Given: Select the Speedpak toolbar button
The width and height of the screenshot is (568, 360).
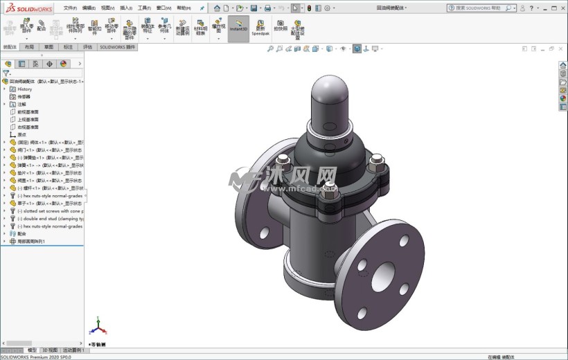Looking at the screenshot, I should [x=260, y=27].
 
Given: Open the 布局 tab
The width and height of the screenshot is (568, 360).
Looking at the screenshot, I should [x=28, y=47].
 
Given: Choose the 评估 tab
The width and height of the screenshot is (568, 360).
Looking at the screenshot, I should [x=87, y=47].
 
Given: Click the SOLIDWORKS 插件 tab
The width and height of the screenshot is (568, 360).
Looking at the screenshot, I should [x=118, y=47].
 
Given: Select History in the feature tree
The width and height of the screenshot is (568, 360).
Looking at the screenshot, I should [x=24, y=89].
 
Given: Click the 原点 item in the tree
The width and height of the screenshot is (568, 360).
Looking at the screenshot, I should [x=21, y=134].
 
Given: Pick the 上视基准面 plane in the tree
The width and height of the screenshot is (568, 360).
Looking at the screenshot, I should [x=28, y=119].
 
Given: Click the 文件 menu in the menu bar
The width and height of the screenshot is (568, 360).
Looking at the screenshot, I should [x=70, y=8].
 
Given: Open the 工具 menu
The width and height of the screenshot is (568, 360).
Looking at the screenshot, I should [x=144, y=8].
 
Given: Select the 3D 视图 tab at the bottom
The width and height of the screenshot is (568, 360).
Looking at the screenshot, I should [x=49, y=350].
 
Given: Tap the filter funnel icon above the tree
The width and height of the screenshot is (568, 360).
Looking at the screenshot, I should [x=6, y=73].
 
